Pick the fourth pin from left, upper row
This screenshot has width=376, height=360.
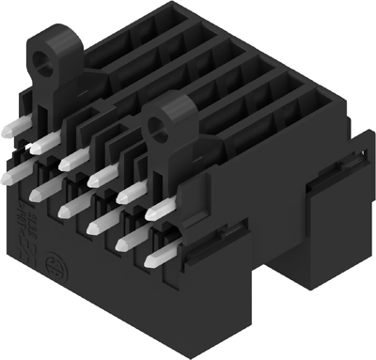[x=100, y=172]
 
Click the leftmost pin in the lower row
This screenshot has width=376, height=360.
[x=12, y=175]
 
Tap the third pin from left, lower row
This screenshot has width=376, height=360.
[x=69, y=208]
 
